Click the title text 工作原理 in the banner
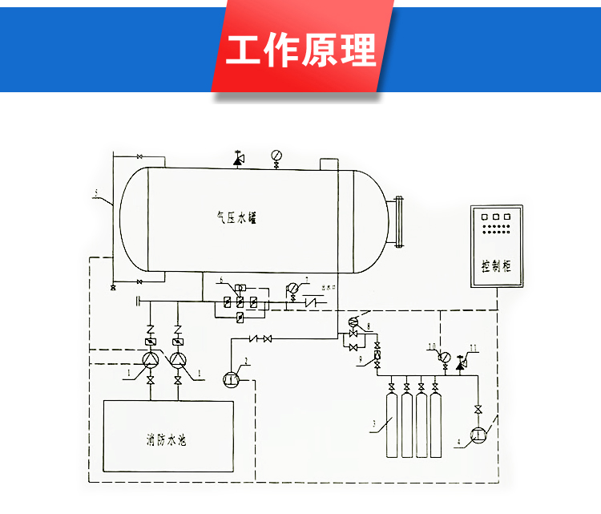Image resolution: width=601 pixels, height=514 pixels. [x=300, y=50]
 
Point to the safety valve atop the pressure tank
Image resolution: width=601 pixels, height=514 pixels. [x=237, y=159]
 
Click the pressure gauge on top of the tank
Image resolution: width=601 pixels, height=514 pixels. [x=276, y=155]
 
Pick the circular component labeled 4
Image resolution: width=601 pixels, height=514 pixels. [x=479, y=435]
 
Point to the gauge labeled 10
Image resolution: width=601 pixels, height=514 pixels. [x=443, y=358]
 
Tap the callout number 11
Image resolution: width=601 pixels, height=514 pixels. [x=473, y=347]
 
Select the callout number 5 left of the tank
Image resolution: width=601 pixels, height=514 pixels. [x=95, y=192]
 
